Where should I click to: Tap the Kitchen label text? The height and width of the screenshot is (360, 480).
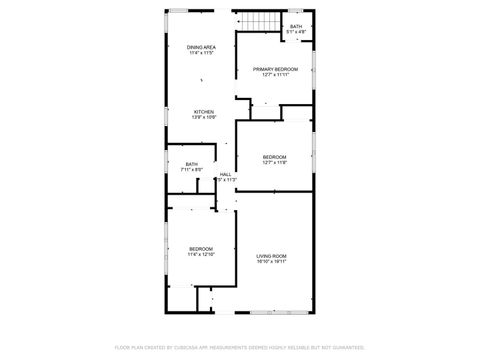point(203,111)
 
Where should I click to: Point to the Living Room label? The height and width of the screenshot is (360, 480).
point(271,256)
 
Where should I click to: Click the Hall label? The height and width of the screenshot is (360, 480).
point(226,174)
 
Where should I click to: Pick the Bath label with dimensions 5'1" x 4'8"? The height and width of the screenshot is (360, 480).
point(296,27)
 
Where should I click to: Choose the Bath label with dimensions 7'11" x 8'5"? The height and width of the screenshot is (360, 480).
point(191,164)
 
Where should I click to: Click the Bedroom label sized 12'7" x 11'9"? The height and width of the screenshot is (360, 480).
point(275,157)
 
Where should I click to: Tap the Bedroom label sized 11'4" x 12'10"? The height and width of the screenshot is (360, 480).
point(201,248)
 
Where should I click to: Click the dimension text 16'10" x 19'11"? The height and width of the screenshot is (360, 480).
point(271,262)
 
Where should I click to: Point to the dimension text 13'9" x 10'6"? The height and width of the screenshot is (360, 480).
point(203,117)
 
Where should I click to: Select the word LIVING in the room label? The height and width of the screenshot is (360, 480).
point(264,256)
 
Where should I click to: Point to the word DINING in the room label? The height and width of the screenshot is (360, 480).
point(194,47)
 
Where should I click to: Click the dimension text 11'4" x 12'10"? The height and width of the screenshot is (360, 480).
point(201,254)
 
